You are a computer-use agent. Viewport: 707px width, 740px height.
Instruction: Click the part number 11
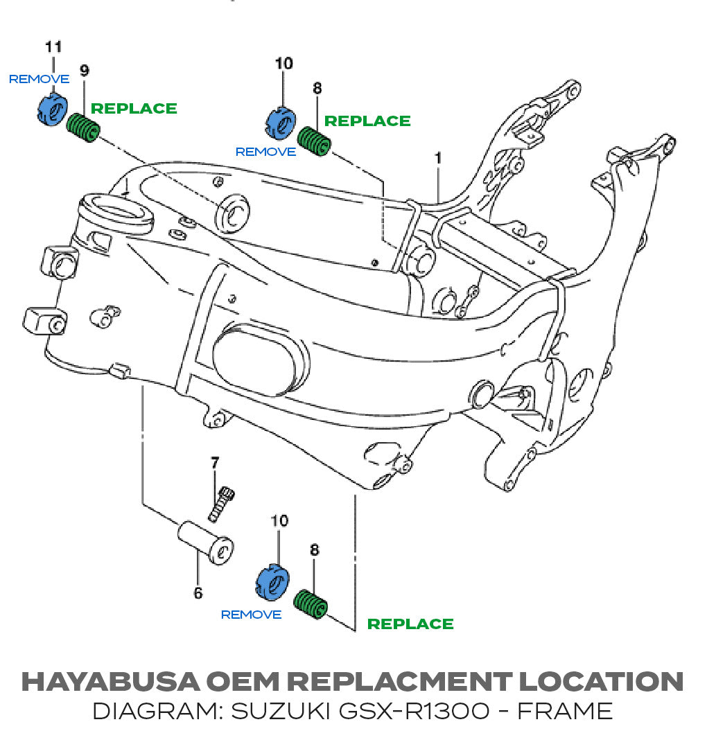(53, 47)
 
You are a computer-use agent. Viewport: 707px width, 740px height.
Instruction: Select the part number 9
(84, 70)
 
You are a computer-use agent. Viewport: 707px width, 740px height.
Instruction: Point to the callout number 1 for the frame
(438, 159)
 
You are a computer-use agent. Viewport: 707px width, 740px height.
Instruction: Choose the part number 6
(198, 593)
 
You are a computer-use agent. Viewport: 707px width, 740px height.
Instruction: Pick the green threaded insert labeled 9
(85, 130)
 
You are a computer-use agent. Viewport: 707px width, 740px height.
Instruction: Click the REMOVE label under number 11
(39, 80)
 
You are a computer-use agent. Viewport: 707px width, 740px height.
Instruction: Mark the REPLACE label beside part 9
(134, 109)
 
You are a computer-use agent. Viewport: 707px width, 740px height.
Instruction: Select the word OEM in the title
(241, 681)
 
